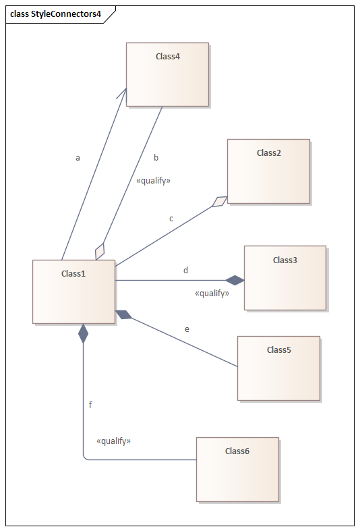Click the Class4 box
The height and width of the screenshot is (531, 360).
pyautogui.click(x=167, y=74)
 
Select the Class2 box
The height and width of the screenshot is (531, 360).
pyautogui.click(x=268, y=171)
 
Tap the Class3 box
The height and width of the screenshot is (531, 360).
pyautogui.click(x=285, y=278)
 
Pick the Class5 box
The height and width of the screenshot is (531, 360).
pyautogui.click(x=279, y=368)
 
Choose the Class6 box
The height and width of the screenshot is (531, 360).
pyautogui.click(x=237, y=470)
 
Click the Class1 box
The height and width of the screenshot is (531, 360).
pyautogui.click(x=73, y=292)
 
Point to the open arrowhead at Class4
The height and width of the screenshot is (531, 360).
pyautogui.click(x=123, y=94)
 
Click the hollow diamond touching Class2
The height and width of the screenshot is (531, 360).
pyautogui.click(x=220, y=202)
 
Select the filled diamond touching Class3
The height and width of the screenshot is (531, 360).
pyautogui.click(x=235, y=281)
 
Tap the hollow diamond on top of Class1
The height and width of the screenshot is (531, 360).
pyautogui.click(x=100, y=251)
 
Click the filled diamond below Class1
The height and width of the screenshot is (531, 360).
pyautogui.click(x=83, y=333)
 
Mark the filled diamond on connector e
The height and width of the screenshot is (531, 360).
pyautogui.click(x=124, y=314)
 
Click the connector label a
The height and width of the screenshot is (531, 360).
pyautogui.click(x=78, y=158)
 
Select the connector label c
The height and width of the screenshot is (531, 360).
pyautogui.click(x=171, y=219)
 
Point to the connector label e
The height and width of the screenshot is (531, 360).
pyautogui.click(x=187, y=329)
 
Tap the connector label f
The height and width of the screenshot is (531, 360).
pyautogui.click(x=90, y=405)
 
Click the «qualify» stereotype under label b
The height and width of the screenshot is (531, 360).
pyautogui.click(x=153, y=181)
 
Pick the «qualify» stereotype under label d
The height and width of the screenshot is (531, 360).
pyautogui.click(x=212, y=294)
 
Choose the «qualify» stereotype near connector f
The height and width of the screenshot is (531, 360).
pyautogui.click(x=114, y=441)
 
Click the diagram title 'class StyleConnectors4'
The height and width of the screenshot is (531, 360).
pyautogui.click(x=55, y=14)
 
